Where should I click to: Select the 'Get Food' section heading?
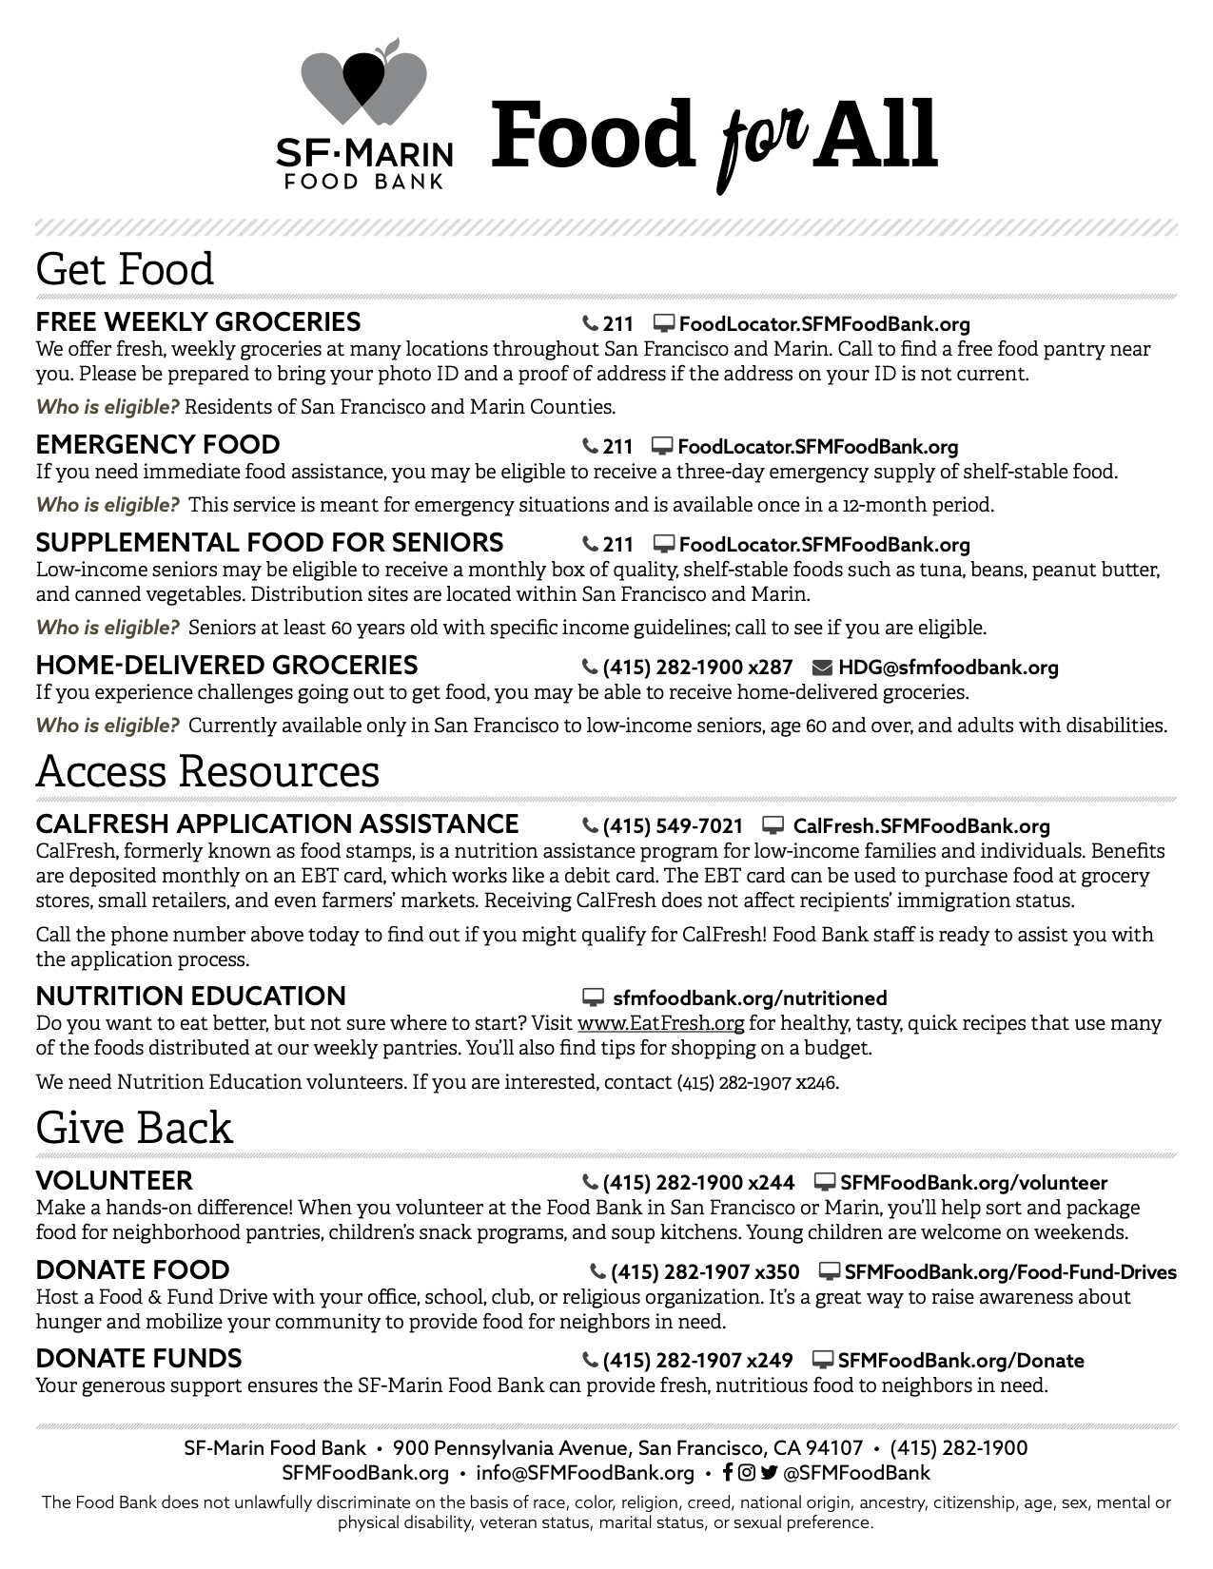coord(125,269)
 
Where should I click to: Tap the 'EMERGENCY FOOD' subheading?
coord(158,445)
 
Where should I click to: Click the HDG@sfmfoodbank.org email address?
coord(948,668)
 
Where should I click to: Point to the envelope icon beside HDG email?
coord(822,668)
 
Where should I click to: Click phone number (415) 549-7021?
coord(672,826)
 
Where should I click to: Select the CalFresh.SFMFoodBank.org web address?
coord(921,826)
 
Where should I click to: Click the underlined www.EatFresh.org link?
coord(660,1024)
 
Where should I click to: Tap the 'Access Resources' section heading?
coord(207,770)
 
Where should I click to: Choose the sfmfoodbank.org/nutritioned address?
coord(750,998)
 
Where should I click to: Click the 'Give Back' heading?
coord(134,1128)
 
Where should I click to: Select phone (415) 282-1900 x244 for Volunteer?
coord(697,1183)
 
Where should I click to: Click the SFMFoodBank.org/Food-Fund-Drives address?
coord(1010,1272)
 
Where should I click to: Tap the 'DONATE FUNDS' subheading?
coord(139,1359)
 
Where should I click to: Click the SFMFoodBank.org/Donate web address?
coord(961,1361)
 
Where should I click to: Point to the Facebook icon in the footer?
coord(728,1473)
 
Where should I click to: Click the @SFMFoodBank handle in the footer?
coord(856,1473)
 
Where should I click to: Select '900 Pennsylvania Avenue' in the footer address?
coord(510,1448)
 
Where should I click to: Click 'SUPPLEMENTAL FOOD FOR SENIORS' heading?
coord(269,543)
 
